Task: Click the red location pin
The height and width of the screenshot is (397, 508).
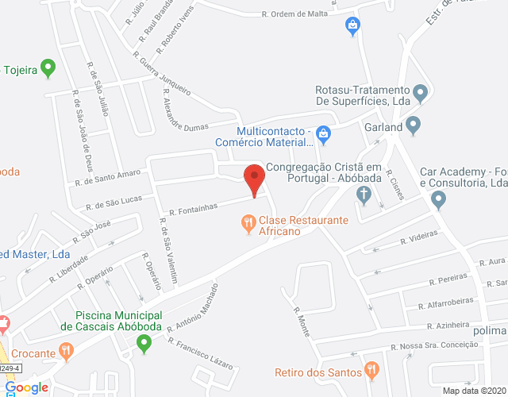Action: [x=254, y=179]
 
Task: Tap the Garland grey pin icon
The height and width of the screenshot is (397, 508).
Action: [x=413, y=125]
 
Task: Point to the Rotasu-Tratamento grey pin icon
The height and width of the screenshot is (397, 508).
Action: [x=421, y=94]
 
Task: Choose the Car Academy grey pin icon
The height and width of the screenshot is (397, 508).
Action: [x=439, y=201]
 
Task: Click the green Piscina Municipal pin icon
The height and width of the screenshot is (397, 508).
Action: [x=144, y=344]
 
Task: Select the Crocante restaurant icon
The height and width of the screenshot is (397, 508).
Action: [x=67, y=349]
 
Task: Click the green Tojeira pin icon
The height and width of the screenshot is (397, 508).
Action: [x=48, y=68]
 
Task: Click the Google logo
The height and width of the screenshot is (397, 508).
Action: [x=26, y=387]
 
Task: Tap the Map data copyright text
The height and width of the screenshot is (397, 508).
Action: [x=474, y=391]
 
